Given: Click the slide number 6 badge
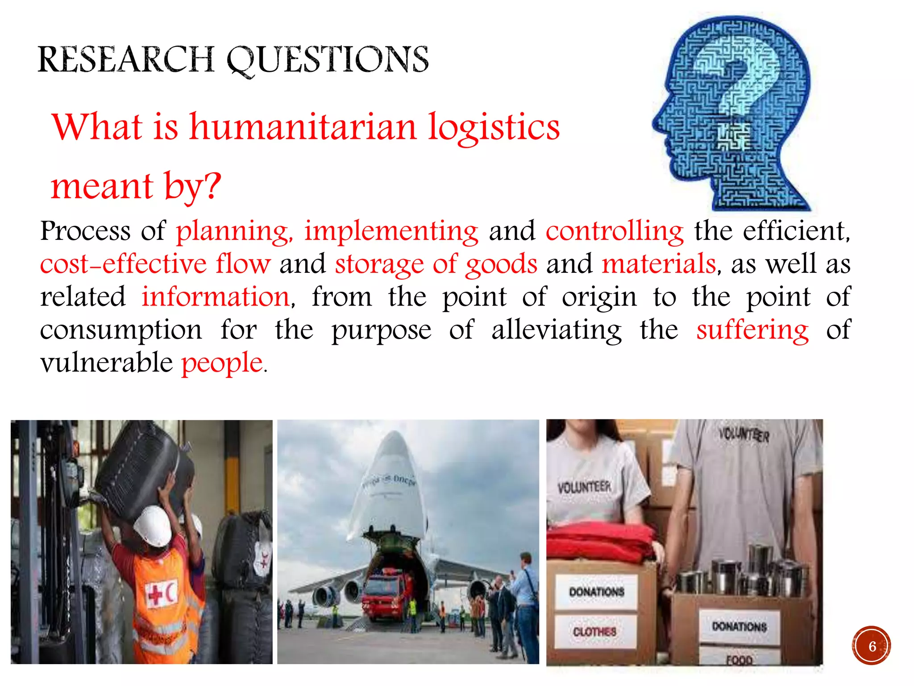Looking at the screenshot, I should tap(871, 646).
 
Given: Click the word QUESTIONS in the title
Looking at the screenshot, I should tap(328, 60).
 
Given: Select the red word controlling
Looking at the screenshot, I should tap(615, 231).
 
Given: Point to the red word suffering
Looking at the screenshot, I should tap(752, 330).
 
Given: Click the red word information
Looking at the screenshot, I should tap(216, 297).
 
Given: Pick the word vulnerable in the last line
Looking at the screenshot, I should tap(106, 362).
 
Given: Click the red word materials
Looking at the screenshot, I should tap(659, 264).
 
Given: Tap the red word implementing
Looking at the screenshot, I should tap(391, 231).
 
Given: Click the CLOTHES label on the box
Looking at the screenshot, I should tap(594, 632).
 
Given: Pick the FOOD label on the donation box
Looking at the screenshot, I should tap(739, 659).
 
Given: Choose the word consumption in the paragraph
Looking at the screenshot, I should tap(121, 330).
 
